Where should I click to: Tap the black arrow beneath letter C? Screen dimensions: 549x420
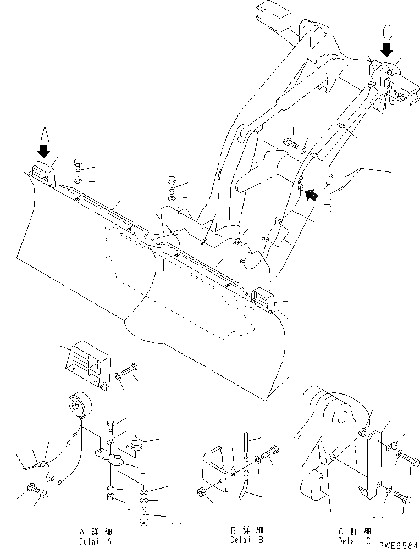pyautogui.click(x=387, y=51)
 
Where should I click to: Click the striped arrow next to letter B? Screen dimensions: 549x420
pyautogui.click(x=312, y=193)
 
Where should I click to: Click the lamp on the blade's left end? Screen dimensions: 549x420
pyautogui.click(x=43, y=173)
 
